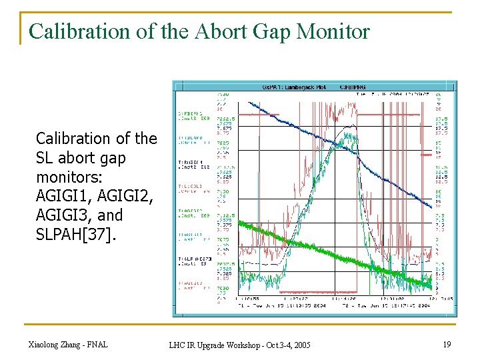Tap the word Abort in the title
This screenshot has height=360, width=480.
point(217,31)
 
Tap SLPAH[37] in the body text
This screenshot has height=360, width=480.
point(71,235)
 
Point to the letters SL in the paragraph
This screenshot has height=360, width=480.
point(45,158)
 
